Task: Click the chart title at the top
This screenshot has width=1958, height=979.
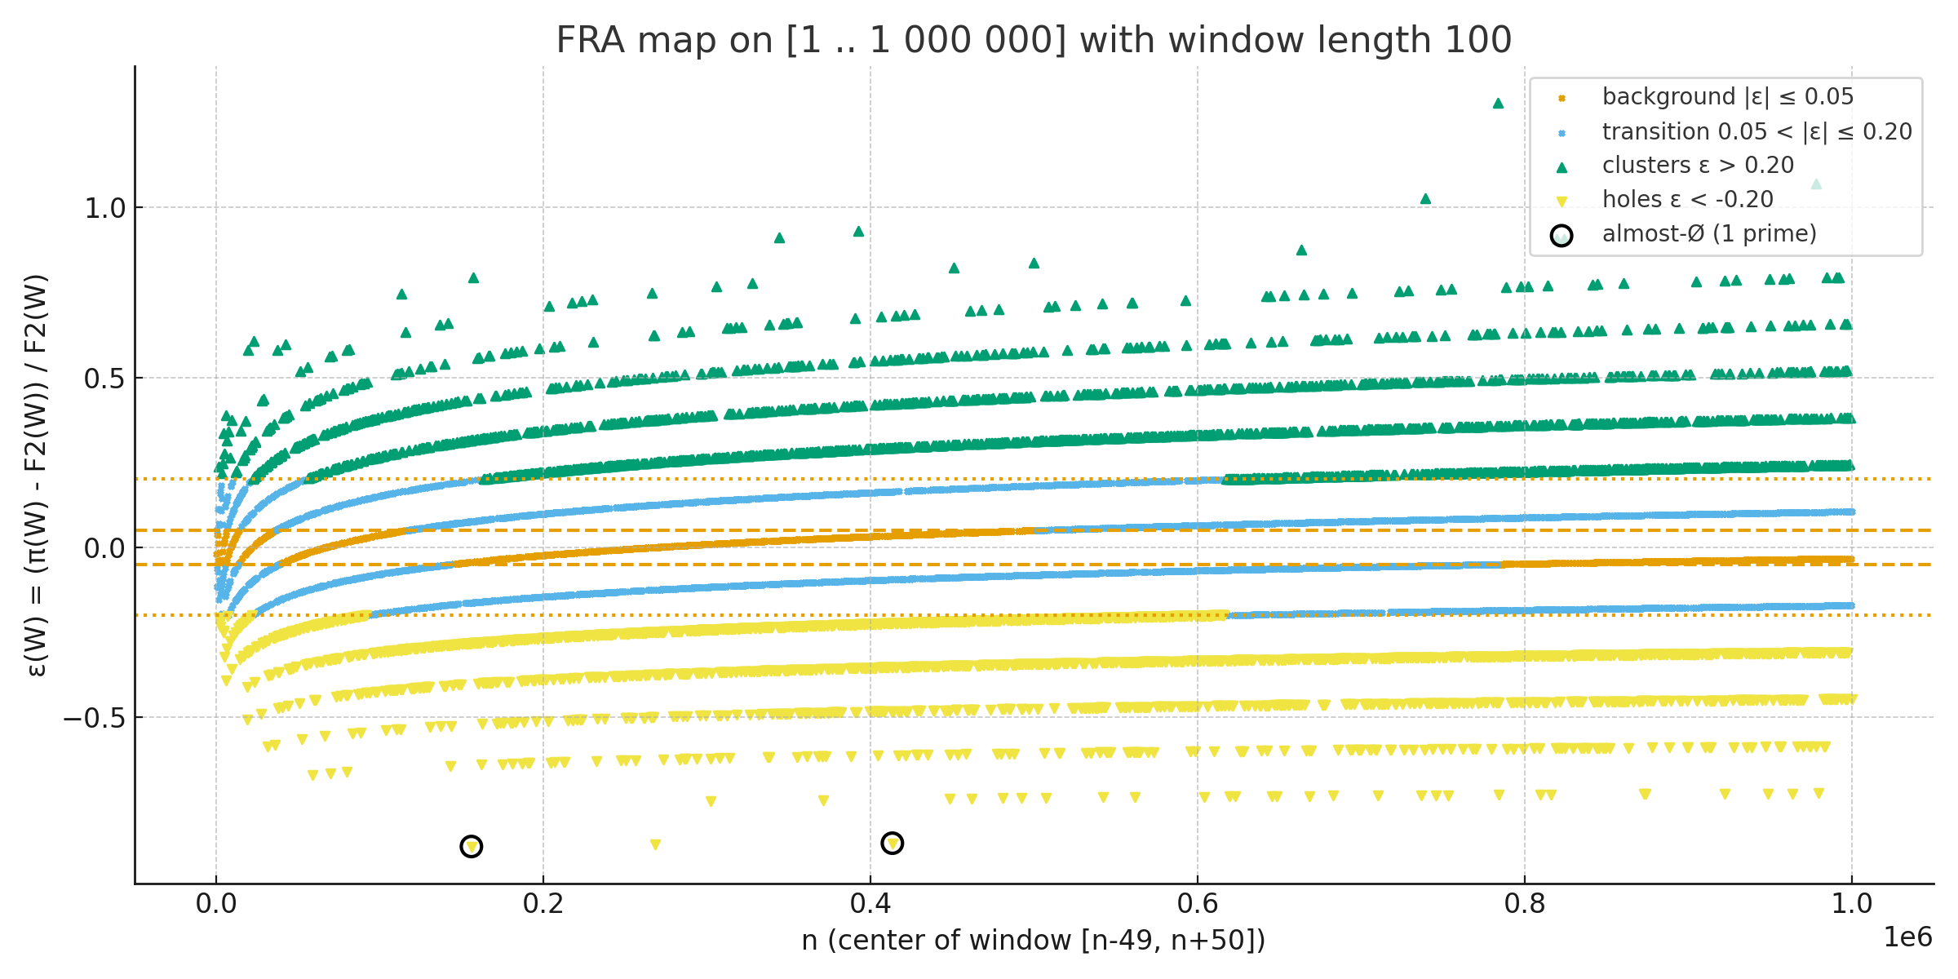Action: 1034,40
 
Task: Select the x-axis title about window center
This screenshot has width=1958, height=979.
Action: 1034,941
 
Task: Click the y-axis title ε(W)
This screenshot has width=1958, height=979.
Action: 38,475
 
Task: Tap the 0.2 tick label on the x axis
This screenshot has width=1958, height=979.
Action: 543,904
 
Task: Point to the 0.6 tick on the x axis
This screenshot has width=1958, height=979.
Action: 1198,904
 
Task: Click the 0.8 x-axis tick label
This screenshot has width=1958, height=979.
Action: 1525,904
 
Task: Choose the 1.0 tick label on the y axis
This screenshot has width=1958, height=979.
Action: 105,208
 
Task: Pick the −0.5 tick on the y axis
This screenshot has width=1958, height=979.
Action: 95,718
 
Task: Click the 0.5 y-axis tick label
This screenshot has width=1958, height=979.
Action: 105,379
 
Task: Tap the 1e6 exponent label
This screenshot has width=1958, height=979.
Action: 1907,937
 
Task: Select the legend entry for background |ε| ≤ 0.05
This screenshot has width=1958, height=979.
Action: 1727,97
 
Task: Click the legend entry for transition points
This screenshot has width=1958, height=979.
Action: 1756,131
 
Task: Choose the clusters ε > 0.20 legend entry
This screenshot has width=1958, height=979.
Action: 1697,166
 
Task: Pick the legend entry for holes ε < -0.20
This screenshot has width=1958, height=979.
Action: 1687,200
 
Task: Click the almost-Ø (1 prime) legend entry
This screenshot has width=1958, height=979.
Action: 1708,234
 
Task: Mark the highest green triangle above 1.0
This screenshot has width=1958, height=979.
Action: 1498,104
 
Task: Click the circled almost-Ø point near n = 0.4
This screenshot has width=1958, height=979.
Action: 893,843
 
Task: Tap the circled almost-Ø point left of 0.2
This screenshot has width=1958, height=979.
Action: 472,847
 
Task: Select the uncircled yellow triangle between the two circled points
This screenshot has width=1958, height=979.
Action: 655,844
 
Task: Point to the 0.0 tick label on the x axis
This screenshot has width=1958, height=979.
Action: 216,904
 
